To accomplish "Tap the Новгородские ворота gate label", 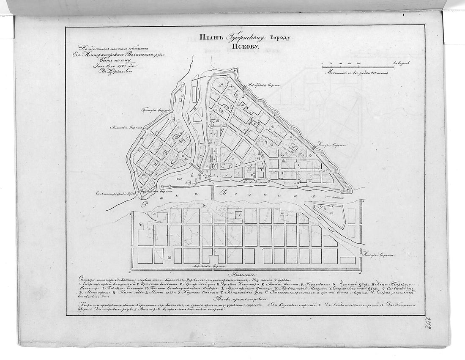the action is [264, 85].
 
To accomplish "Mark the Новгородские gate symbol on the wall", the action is [244, 87].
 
